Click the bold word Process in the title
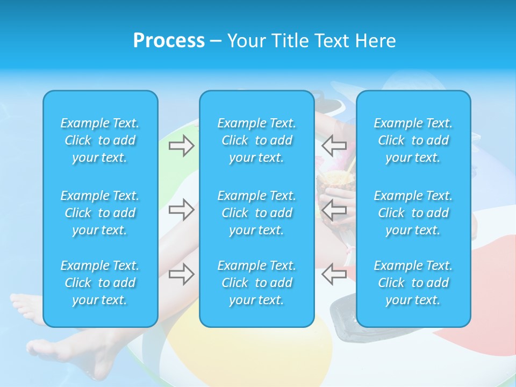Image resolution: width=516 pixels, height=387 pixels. (x=169, y=41)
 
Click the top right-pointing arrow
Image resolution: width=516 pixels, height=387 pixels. (x=181, y=146)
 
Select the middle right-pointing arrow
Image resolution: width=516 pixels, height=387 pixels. (x=181, y=209)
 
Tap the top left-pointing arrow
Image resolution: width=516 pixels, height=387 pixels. (x=334, y=146)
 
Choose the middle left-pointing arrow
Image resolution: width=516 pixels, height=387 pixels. (x=334, y=209)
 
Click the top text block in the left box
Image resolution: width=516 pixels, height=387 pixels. (x=100, y=140)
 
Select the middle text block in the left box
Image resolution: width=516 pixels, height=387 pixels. (x=100, y=213)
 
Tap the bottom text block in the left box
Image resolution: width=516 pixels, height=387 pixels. (x=100, y=283)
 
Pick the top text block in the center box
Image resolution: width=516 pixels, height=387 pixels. (x=256, y=140)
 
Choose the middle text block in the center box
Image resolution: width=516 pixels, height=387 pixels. (x=256, y=213)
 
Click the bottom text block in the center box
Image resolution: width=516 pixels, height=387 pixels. (x=256, y=283)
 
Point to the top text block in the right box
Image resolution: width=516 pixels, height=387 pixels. (x=413, y=140)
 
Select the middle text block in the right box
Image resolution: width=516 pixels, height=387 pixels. (x=413, y=213)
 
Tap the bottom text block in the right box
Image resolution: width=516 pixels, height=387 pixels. (x=413, y=283)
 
